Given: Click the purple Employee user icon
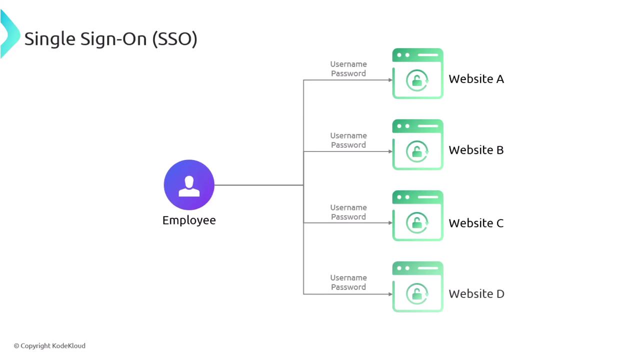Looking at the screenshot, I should (189, 185).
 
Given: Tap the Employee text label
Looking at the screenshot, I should (189, 220).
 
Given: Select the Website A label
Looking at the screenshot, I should (476, 79).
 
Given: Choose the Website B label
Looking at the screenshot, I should (476, 150).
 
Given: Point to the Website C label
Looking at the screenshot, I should (476, 223).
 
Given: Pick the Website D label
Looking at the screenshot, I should (476, 294).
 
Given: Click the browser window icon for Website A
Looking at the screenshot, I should (417, 73).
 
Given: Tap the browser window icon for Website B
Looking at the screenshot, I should (417, 144).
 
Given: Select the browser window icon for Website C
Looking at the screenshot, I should (417, 215).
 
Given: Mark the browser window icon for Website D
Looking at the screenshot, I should (417, 286).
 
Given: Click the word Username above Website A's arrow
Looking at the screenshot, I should (348, 64).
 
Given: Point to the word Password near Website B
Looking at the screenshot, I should (348, 145).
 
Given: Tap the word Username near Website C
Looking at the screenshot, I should (348, 207).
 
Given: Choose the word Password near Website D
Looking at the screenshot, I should (348, 287).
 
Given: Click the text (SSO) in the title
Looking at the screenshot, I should (174, 38).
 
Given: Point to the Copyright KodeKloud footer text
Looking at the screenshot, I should (49, 345).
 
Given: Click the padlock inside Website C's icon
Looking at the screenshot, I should (416, 223).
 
